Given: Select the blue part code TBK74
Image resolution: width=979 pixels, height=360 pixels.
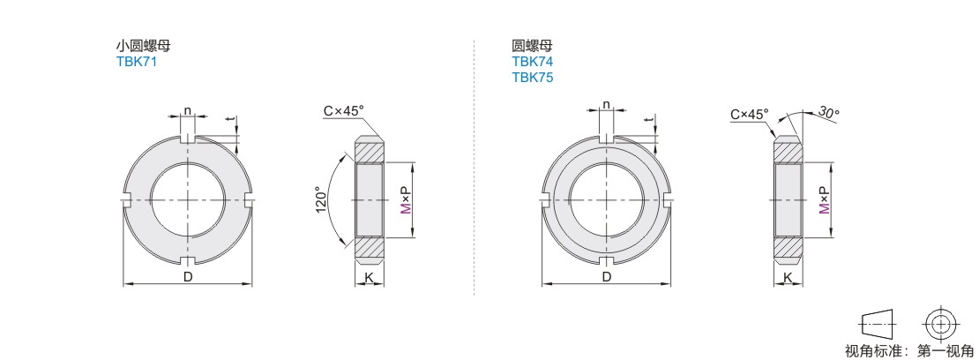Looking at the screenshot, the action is [533, 62].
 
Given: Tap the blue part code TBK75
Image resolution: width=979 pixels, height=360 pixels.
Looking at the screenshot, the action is [533, 78].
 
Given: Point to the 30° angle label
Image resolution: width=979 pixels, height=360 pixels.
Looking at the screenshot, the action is [828, 113].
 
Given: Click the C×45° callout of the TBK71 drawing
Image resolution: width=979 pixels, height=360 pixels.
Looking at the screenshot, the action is [343, 110].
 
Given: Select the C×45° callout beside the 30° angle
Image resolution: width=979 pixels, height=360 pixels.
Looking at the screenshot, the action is [750, 115].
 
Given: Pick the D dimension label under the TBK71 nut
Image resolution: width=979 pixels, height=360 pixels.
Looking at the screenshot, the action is [188, 277].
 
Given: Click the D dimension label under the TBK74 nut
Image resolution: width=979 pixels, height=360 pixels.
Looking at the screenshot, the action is [606, 277].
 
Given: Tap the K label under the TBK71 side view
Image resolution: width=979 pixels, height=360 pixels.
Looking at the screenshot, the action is [369, 277].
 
